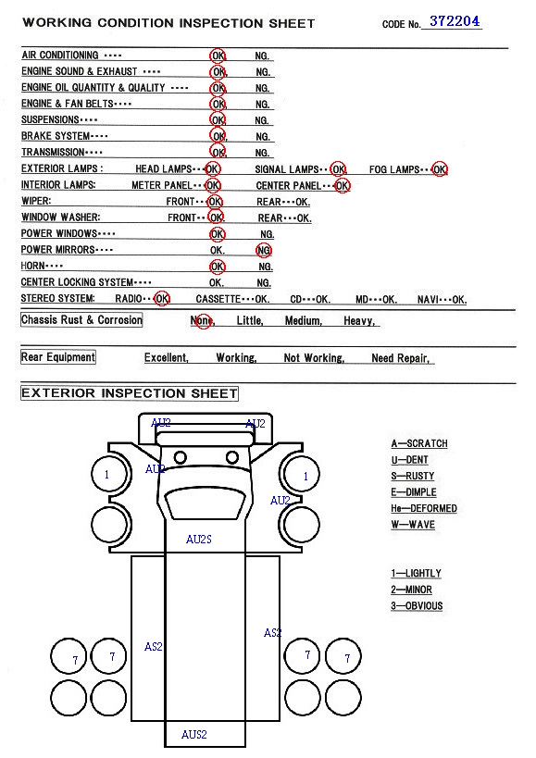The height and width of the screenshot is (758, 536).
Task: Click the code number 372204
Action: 455,21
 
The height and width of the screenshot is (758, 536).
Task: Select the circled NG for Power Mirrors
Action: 264,251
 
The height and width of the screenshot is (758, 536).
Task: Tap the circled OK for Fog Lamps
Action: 440,169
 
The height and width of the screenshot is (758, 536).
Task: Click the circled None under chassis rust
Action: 203,320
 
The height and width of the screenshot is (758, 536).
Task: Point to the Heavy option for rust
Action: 359,320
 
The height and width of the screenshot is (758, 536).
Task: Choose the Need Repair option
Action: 400,358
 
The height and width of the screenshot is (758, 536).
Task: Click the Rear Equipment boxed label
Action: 58,357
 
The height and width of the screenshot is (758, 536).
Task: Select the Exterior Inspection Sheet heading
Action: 130,393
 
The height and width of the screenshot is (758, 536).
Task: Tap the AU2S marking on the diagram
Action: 199,539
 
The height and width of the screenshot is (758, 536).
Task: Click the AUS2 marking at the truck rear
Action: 193,735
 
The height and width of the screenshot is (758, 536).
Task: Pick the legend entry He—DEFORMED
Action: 423,508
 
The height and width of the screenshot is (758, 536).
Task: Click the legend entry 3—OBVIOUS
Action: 417,605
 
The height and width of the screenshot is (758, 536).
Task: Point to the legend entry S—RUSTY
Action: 412,476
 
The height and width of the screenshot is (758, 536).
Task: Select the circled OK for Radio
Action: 162,299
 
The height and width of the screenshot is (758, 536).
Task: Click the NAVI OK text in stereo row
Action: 442,300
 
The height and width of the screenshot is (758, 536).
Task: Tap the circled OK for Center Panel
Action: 342,186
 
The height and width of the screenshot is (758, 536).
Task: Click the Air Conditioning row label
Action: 60,56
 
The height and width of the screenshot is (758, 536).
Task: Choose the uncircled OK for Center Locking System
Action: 217,283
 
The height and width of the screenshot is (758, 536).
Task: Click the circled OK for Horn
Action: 218,267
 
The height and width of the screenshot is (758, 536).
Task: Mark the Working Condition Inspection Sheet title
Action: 168,23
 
